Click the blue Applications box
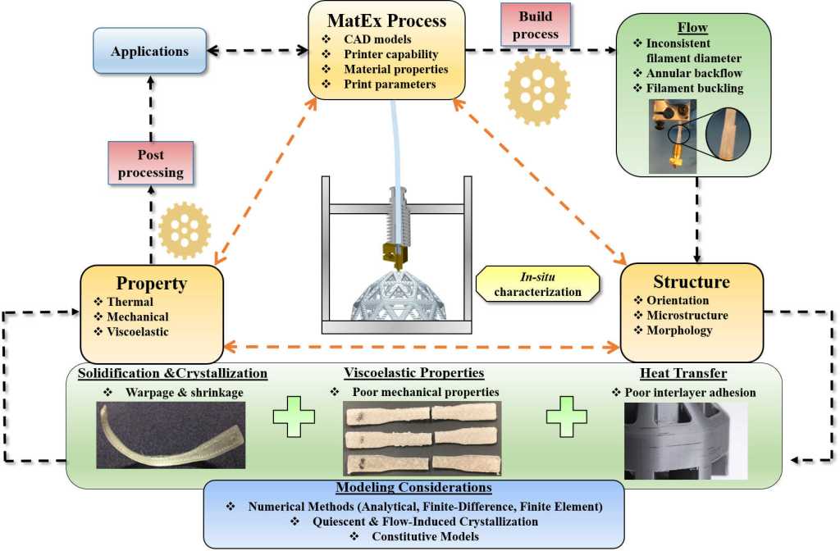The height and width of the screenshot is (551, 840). (x=151, y=51)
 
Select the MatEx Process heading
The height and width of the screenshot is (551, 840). (x=386, y=19)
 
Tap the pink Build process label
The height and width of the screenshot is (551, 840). (x=536, y=25)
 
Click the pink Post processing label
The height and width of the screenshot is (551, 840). (x=150, y=162)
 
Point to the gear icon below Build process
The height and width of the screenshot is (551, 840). (x=537, y=90)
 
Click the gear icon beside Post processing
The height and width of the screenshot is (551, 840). (x=185, y=230)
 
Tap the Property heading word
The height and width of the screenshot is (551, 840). (x=152, y=284)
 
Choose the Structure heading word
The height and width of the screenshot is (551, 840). (x=691, y=282)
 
